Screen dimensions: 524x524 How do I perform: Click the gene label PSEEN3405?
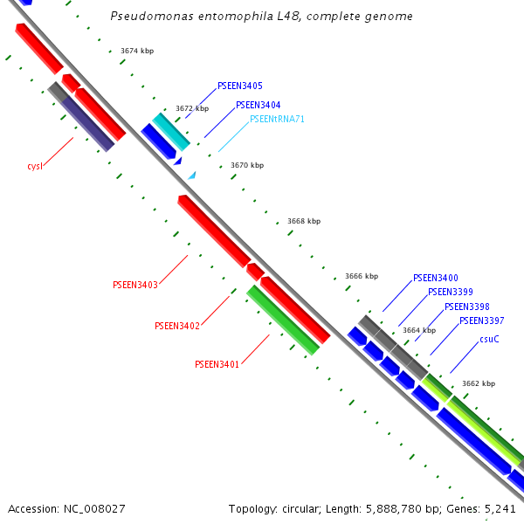[240, 86]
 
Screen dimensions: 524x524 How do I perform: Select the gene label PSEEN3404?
[259, 105]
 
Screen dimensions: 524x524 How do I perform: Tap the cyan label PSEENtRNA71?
[277, 119]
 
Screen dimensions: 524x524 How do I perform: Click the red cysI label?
[35, 166]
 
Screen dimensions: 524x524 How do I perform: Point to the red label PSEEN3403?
[135, 285]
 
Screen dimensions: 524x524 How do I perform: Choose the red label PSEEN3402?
[177, 326]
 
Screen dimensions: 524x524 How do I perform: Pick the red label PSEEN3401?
[217, 364]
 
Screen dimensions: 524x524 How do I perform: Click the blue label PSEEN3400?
[436, 278]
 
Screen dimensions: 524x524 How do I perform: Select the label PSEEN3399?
[451, 292]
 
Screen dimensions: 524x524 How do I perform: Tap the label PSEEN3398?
[467, 307]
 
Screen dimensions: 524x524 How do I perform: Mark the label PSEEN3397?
[482, 321]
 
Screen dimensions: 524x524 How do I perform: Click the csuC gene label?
[489, 339]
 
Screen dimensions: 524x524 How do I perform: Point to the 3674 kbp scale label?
[137, 52]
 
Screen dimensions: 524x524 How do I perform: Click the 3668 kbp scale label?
[304, 221]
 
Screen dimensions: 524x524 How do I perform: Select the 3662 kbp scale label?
[479, 383]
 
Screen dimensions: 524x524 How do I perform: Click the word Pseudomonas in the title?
[147, 17]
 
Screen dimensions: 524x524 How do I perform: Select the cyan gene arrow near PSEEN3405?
[171, 131]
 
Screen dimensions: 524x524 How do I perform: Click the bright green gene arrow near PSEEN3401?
[283, 320]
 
